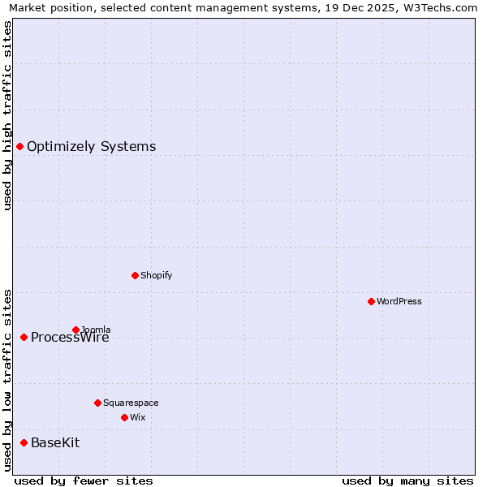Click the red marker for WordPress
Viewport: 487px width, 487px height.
tap(371, 301)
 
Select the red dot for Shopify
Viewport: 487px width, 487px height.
tap(135, 275)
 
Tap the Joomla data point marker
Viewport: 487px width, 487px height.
tap(75, 330)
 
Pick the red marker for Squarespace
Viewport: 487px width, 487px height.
tap(97, 403)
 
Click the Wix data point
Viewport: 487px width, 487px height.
tap(124, 417)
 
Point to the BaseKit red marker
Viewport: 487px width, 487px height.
tap(24, 442)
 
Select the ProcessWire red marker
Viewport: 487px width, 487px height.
tap(24, 337)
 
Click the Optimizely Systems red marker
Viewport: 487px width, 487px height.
tap(19, 146)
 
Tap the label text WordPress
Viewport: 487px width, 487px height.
tap(399, 301)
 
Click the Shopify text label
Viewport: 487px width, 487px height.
tap(156, 275)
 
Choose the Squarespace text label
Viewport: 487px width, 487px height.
tap(131, 403)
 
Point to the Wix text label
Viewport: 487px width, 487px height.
tap(137, 417)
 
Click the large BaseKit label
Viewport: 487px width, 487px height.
tap(55, 442)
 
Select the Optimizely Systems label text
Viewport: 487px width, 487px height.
tap(91, 146)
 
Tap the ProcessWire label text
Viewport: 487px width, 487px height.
tap(70, 338)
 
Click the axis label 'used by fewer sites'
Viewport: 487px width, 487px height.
tap(84, 481)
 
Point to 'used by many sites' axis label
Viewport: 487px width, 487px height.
tap(407, 481)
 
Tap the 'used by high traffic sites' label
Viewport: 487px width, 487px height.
tap(8, 115)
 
